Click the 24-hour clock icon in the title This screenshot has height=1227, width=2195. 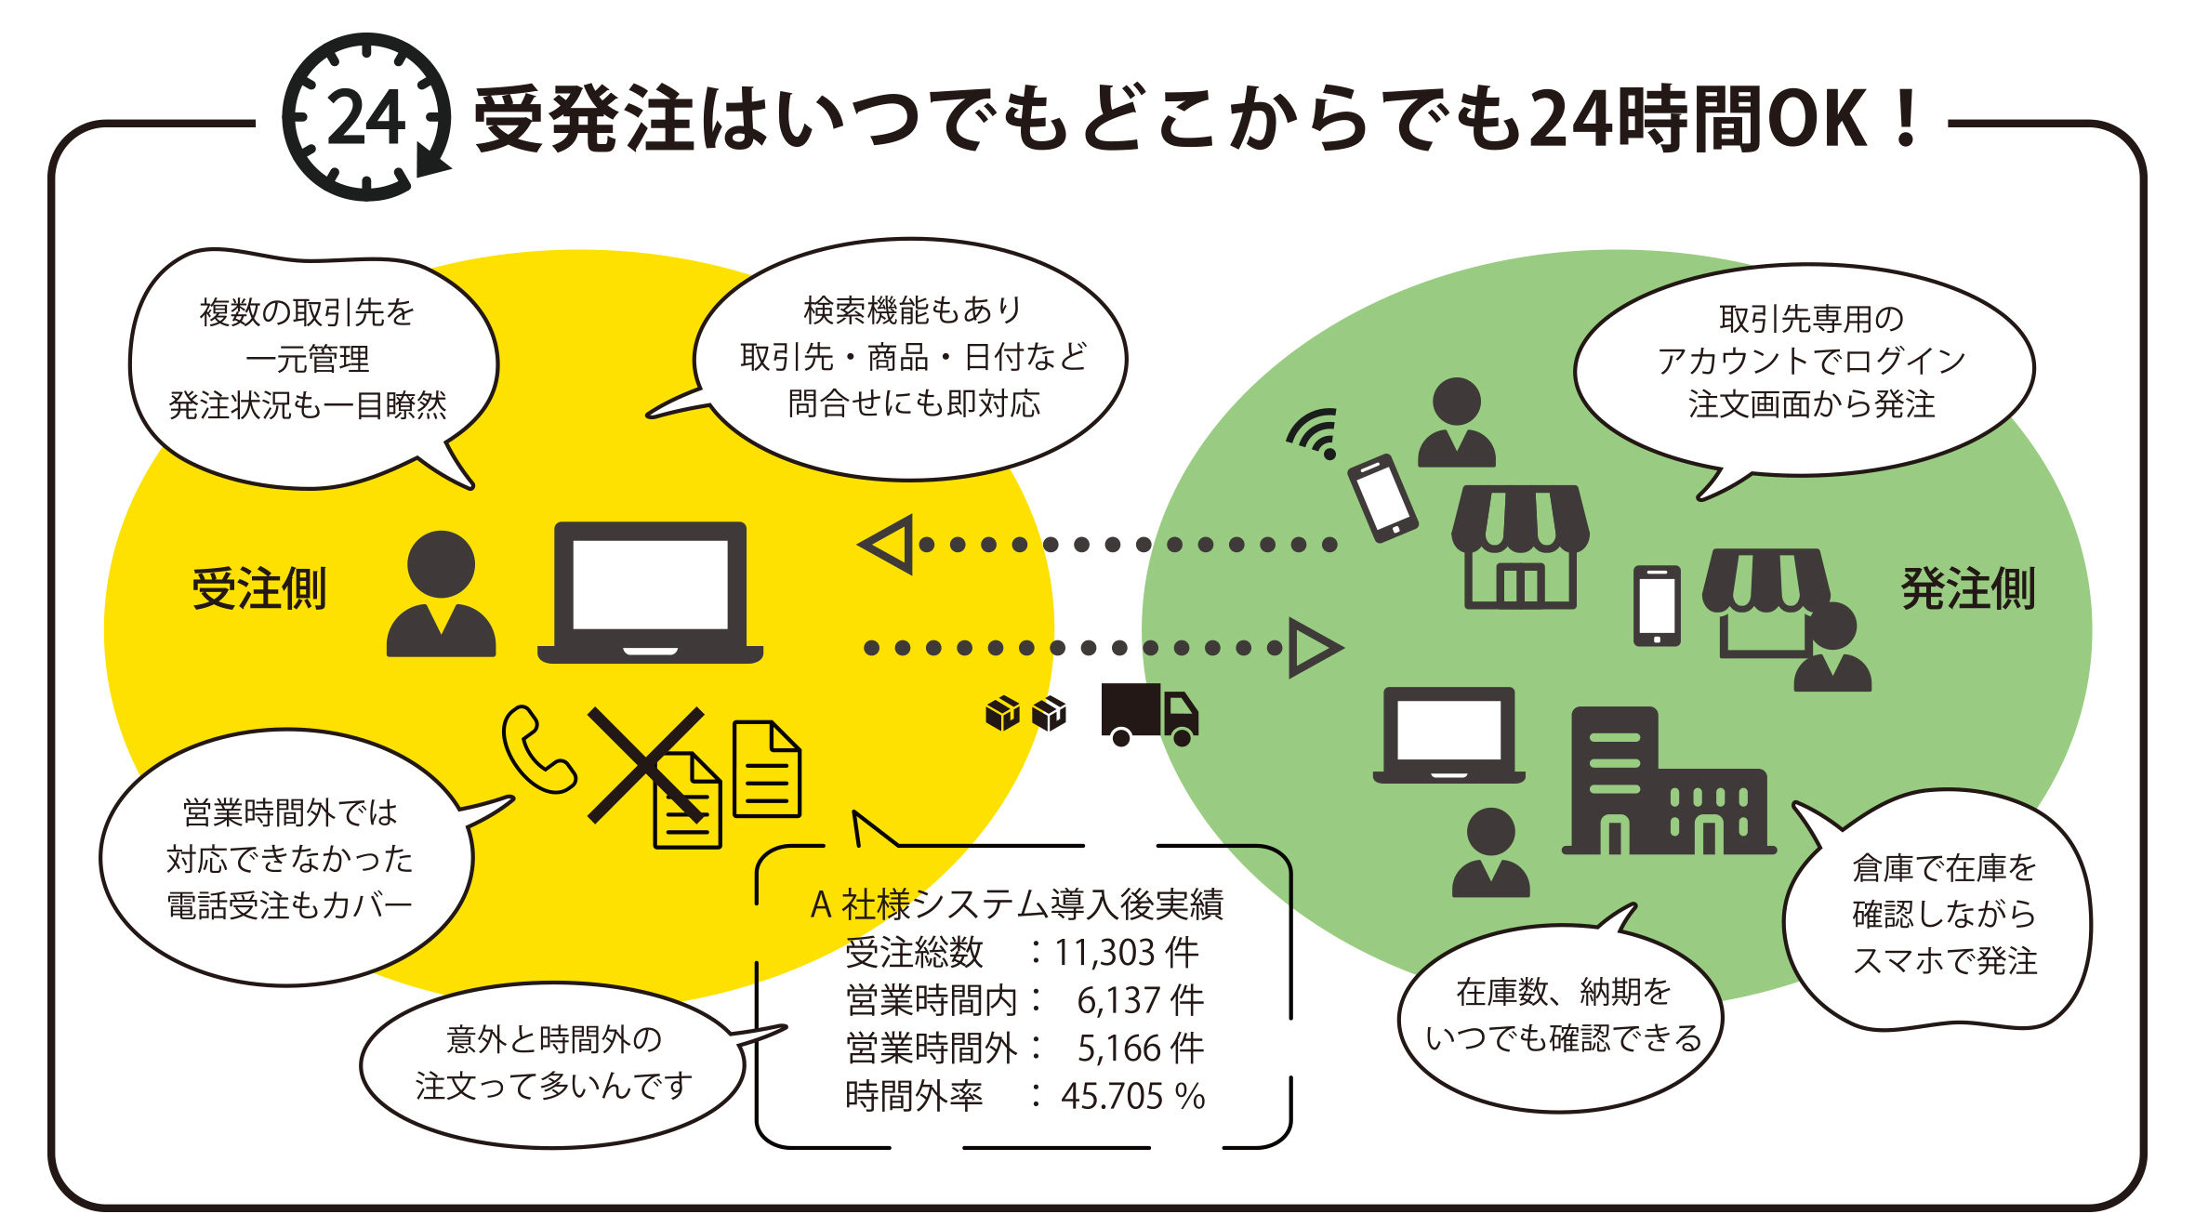tap(366, 117)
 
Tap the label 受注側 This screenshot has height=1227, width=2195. tap(259, 589)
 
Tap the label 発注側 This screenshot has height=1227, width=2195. tap(1968, 589)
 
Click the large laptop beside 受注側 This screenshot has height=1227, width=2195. tap(650, 591)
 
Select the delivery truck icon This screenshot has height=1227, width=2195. tap(1149, 714)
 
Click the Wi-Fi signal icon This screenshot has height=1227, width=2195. tap(1315, 432)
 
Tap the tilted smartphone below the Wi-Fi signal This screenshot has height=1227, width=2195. tap(1383, 497)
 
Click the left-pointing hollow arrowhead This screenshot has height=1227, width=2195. tap(888, 544)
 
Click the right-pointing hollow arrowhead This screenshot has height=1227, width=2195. tap(1314, 648)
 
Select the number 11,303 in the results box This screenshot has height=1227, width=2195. tap(1104, 953)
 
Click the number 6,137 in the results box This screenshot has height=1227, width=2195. tap(1118, 1001)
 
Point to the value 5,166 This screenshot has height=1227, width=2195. tap(1118, 1049)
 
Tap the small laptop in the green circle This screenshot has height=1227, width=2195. tap(1448, 734)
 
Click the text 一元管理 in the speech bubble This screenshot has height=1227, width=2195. tap(308, 359)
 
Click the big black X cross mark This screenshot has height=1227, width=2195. tap(646, 765)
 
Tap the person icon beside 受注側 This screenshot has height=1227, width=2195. tap(441, 595)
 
